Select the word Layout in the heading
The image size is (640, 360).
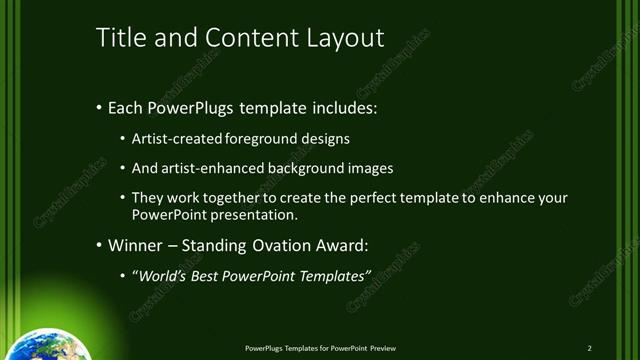tap(346, 38)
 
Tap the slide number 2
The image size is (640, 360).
tap(590, 347)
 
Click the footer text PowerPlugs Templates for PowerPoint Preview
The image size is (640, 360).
tap(320, 347)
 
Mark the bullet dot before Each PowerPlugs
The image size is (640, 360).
tap(98, 107)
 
